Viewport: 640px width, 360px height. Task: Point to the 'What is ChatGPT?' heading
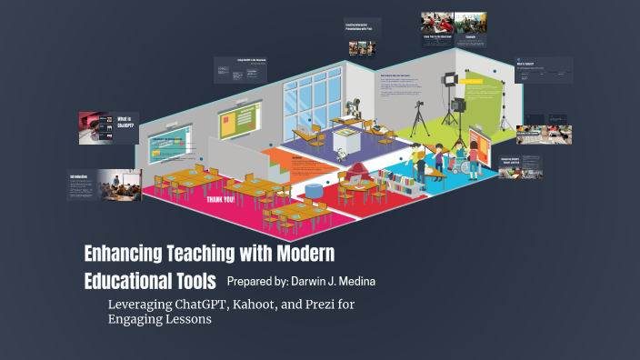(x=125, y=124)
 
